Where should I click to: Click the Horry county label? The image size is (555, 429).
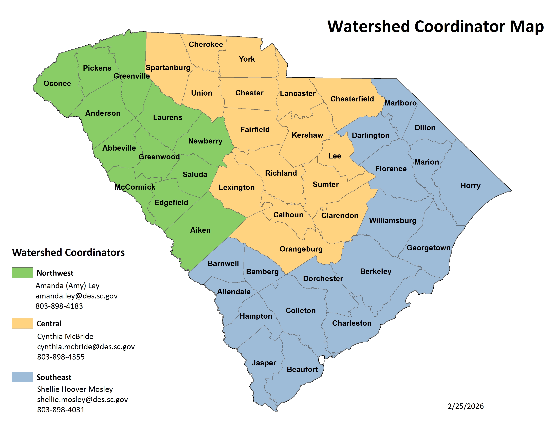click(470, 186)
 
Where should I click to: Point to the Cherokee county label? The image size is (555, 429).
click(206, 44)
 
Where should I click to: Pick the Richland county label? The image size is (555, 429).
click(281, 173)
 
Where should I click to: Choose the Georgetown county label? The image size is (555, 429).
click(429, 248)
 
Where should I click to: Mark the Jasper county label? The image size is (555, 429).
click(264, 363)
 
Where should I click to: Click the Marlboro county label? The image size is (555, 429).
click(400, 103)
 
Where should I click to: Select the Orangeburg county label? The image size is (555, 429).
click(301, 249)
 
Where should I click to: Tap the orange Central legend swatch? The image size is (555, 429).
click(22, 323)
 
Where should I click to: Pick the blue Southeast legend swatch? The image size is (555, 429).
click(22, 377)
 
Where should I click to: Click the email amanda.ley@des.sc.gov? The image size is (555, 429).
click(77, 296)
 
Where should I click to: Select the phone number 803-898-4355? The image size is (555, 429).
click(61, 357)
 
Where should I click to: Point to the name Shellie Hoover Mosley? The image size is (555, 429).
click(75, 389)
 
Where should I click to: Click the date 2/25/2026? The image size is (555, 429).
click(466, 406)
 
